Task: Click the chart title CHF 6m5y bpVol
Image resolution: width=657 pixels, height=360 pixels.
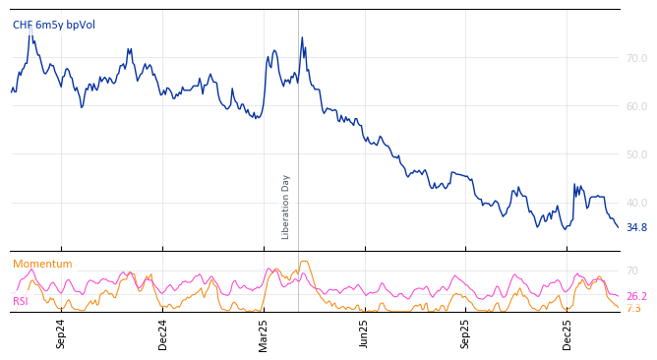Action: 54,26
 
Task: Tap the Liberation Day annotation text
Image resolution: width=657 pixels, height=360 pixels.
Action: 286,207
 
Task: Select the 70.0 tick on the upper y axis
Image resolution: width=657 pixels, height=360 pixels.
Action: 636,59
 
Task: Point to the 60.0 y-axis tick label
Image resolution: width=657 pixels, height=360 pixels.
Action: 636,107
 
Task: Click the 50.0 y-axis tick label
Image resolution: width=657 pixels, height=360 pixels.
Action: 636,155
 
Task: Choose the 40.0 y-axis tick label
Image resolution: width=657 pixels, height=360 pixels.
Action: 636,204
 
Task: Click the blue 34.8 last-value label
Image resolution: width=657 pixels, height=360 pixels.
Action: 636,228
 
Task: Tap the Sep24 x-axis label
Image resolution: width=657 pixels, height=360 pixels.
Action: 61,334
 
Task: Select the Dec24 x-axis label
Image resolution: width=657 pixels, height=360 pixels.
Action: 163,334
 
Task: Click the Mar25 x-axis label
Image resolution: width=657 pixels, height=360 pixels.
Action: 264,334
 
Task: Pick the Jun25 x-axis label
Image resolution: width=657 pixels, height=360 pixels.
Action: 365,334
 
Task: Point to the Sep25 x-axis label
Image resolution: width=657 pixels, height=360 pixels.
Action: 466,334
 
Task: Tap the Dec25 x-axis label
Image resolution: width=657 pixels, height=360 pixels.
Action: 567,334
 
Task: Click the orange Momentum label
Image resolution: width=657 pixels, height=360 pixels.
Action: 42,265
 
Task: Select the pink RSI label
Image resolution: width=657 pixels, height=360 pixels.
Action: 21,302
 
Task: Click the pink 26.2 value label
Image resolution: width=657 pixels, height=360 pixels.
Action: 636,297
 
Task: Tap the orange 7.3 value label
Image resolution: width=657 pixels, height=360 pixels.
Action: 633,309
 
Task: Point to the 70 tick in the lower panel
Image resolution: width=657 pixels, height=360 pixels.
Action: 632,271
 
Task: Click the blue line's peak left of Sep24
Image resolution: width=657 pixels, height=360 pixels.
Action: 31,28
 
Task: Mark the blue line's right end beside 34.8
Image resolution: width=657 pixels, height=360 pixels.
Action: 618,227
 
